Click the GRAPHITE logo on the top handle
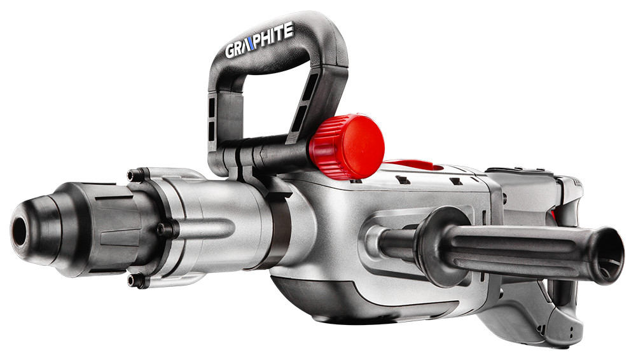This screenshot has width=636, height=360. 259,41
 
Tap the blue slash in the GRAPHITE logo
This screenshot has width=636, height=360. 251,43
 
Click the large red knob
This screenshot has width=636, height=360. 347,147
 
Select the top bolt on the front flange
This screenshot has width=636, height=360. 133,176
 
